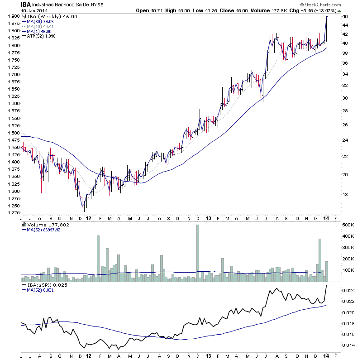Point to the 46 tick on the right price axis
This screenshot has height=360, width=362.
click(344, 16)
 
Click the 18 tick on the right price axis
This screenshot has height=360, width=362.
click(344, 195)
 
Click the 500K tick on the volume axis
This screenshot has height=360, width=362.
click(348, 225)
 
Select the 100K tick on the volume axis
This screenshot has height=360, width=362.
click(348, 270)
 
